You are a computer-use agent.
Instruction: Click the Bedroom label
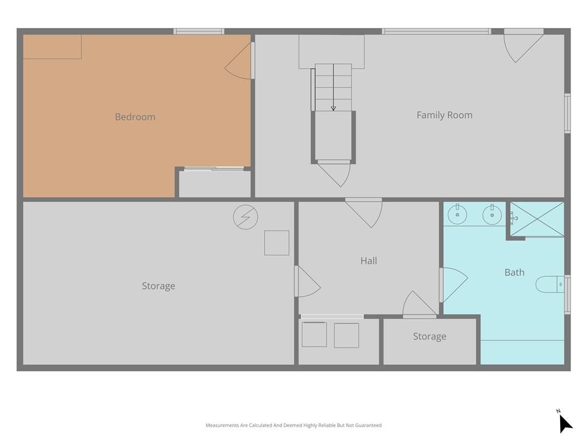pyautogui.click(x=135, y=117)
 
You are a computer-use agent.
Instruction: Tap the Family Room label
pyautogui.click(x=444, y=115)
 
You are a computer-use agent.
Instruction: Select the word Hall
pyautogui.click(x=369, y=261)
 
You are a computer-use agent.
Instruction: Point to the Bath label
pyautogui.click(x=514, y=272)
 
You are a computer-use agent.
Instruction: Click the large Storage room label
pyautogui.click(x=158, y=286)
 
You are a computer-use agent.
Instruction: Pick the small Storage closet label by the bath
pyautogui.click(x=429, y=337)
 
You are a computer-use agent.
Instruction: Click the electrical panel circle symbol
pyautogui.click(x=245, y=217)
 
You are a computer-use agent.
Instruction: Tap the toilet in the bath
pyautogui.click(x=550, y=284)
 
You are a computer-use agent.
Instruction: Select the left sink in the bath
pyautogui.click(x=457, y=214)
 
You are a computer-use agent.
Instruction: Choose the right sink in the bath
pyautogui.click(x=492, y=214)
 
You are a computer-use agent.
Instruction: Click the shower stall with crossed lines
pyautogui.click(x=537, y=219)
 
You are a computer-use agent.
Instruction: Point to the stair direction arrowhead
pyautogui.click(x=333, y=108)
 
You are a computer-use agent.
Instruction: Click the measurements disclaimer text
pyautogui.click(x=293, y=426)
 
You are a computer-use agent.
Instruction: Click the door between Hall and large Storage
pyautogui.click(x=308, y=281)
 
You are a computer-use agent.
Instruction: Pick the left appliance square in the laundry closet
pyautogui.click(x=314, y=335)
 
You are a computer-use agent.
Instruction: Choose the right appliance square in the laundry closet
pyautogui.click(x=346, y=336)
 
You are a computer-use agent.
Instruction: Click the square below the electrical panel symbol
pyautogui.click(x=277, y=243)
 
